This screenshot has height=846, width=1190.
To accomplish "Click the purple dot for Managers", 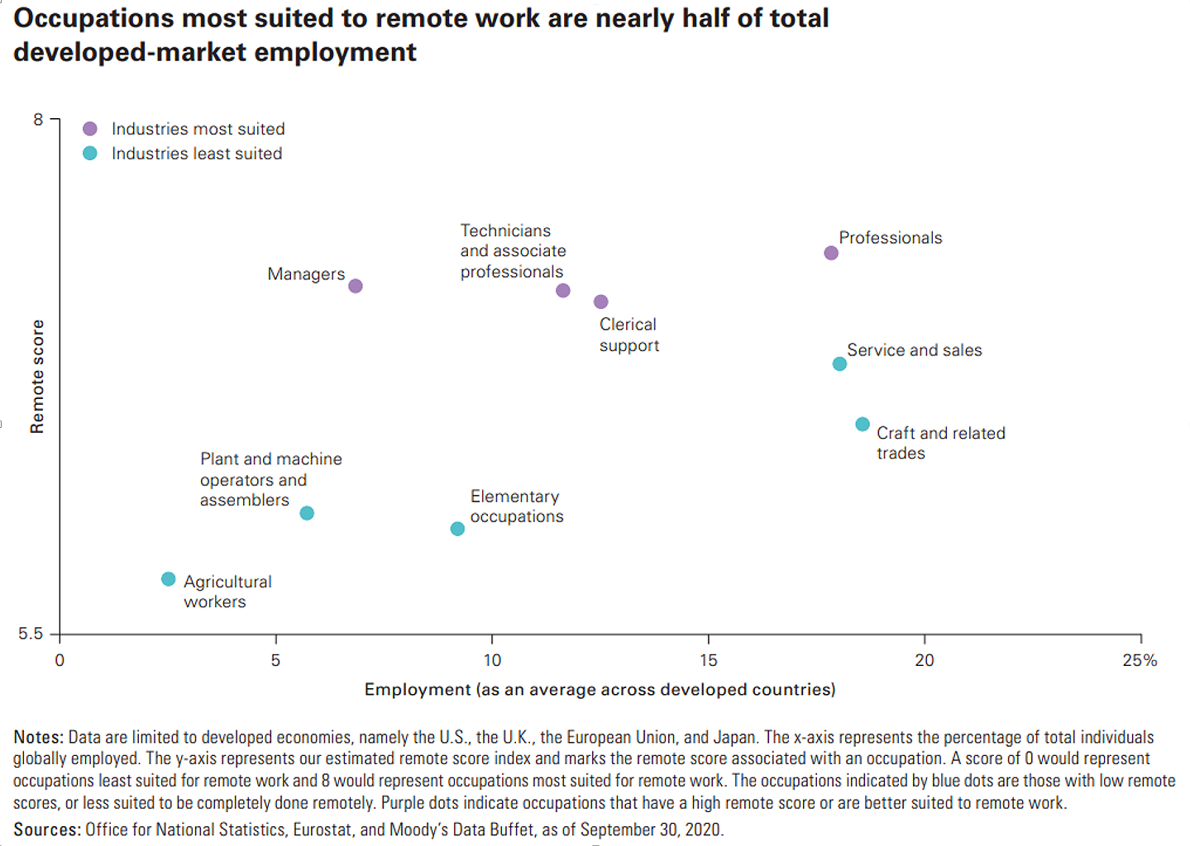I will pyautogui.click(x=356, y=286).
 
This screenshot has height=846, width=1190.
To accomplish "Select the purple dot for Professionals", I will pyautogui.click(x=831, y=253).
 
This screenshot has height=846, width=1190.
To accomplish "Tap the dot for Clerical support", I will pyautogui.click(x=601, y=302).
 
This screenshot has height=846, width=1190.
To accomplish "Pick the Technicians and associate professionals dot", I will pyautogui.click(x=563, y=291).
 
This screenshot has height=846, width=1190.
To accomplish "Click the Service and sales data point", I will pyautogui.click(x=839, y=364).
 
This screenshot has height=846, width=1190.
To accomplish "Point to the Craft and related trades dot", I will pyautogui.click(x=863, y=425).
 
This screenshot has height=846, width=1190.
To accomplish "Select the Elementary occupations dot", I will pyautogui.click(x=457, y=529).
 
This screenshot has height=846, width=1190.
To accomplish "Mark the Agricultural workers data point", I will pyautogui.click(x=169, y=579).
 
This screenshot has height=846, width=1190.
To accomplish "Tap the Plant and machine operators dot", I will pyautogui.click(x=307, y=513).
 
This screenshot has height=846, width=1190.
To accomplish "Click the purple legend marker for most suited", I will pyautogui.click(x=90, y=129).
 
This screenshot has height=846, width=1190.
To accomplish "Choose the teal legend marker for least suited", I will pyautogui.click(x=90, y=154).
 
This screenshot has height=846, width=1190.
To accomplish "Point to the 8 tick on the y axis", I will pyautogui.click(x=38, y=120).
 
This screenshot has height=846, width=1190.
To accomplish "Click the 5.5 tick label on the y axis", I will pyautogui.click(x=31, y=634).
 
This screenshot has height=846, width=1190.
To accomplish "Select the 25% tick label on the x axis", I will pyautogui.click(x=1140, y=660).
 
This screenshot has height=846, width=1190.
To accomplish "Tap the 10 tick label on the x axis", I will pyautogui.click(x=492, y=660).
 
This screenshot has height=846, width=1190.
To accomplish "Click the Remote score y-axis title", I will pyautogui.click(x=37, y=377).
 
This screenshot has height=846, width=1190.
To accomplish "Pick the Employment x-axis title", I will pyautogui.click(x=600, y=690).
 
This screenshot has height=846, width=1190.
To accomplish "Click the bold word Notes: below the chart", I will pyautogui.click(x=38, y=737).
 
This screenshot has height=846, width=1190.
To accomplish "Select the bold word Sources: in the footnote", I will pyautogui.click(x=46, y=829).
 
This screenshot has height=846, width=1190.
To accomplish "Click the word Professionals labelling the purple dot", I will pyautogui.click(x=891, y=238).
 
